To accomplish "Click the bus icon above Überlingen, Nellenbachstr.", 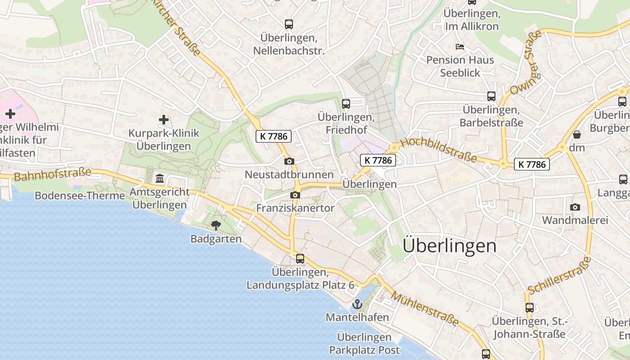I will pos(289,24).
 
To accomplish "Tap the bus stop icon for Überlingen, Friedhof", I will pos(346,104).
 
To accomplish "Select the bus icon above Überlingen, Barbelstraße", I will pos(491,96).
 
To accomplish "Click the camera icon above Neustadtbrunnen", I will pos(289,161).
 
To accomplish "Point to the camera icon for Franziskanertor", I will pos(295,195).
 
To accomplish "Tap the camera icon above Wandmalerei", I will pos(575,207).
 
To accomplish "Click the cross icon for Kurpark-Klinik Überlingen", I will pos(164,120).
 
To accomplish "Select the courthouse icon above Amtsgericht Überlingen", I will pos(160,179).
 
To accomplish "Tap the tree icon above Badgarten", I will pos(216,225).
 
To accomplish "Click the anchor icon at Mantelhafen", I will pos(357,304).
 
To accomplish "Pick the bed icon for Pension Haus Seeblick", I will pos(459,46).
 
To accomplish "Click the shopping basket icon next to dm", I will pos(576,135).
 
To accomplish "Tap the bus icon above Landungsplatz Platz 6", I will pos(300,259).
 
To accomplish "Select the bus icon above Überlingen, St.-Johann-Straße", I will pos(530,308).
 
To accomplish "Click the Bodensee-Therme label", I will pos(80,196).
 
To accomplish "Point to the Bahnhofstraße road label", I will pos(53,174).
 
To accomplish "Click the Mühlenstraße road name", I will pos(425,309).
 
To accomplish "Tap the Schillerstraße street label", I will pos(559,275).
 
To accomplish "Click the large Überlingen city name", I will pos(450,246).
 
